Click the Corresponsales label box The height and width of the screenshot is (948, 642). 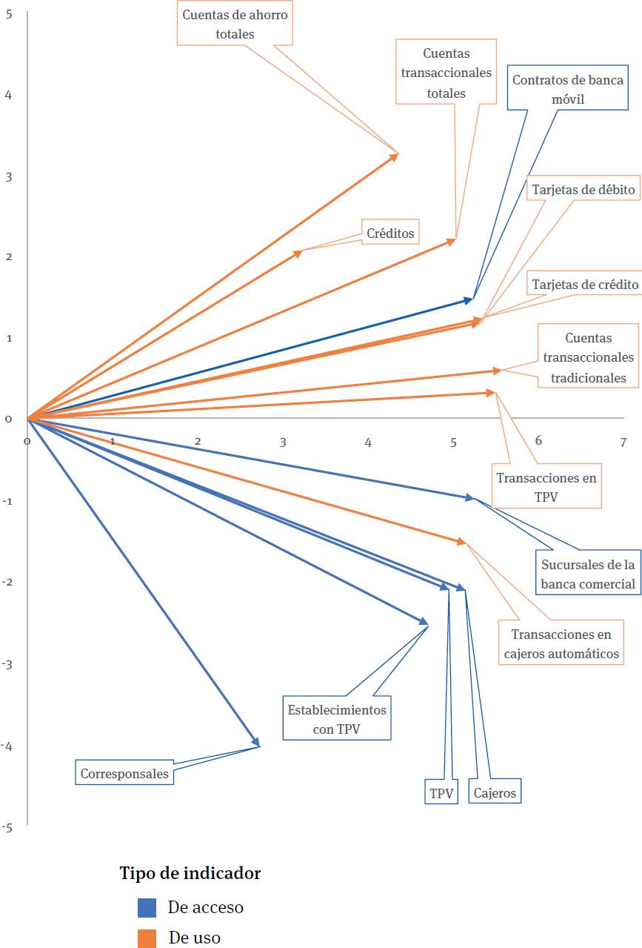click(x=124, y=774)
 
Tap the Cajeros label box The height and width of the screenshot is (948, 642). click(x=495, y=792)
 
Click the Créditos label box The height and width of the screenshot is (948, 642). click(x=390, y=232)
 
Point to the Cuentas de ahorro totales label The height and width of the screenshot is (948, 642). click(x=235, y=24)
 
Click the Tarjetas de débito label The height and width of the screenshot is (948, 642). click(x=584, y=190)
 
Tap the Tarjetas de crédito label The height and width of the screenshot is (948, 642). click(x=585, y=285)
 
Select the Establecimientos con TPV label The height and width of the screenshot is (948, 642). click(x=337, y=718)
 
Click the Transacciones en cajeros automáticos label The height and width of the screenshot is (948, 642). click(x=562, y=643)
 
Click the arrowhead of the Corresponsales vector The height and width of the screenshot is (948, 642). click(x=257, y=743)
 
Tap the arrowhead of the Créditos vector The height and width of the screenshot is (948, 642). click(x=298, y=253)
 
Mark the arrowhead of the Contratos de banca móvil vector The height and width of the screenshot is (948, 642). click(x=469, y=299)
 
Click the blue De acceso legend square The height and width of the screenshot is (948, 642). click(x=147, y=907)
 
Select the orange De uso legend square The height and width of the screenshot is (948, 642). click(x=147, y=938)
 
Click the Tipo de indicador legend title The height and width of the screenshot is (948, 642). click(x=190, y=873)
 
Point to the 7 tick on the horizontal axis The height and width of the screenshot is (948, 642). click(x=623, y=442)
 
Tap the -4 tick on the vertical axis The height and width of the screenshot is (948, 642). click(x=7, y=746)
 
